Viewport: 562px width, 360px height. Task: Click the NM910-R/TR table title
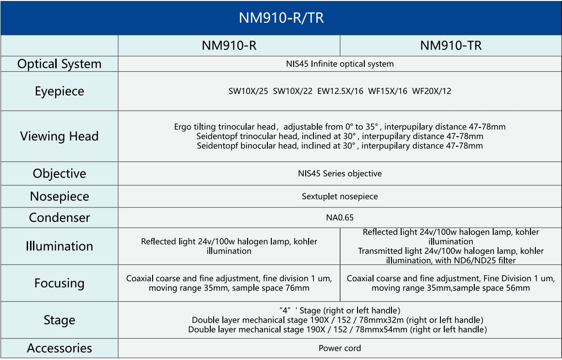281,18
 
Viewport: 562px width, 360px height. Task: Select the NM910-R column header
229,46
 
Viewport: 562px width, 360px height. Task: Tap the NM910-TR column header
451,46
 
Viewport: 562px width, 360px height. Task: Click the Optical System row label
59,64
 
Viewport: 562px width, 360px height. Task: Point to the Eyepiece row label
59,91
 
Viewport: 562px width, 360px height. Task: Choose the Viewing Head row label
59,136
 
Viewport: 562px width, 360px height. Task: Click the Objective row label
59,173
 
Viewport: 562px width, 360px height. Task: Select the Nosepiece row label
59,196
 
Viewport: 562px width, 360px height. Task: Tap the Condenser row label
59,218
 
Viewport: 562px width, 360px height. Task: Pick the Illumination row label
59,246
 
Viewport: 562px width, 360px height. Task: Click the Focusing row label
59,283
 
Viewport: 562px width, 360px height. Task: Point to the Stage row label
59,320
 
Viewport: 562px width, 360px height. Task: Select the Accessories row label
59,348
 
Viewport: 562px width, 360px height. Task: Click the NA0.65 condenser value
340,218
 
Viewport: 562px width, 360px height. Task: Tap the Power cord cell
340,348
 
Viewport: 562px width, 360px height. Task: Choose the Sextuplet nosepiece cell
340,197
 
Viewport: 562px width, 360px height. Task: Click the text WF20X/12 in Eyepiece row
431,91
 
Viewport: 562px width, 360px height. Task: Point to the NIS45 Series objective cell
340,173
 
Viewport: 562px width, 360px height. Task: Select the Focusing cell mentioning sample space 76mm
229,283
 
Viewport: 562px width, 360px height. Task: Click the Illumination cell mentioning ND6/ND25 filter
451,246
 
